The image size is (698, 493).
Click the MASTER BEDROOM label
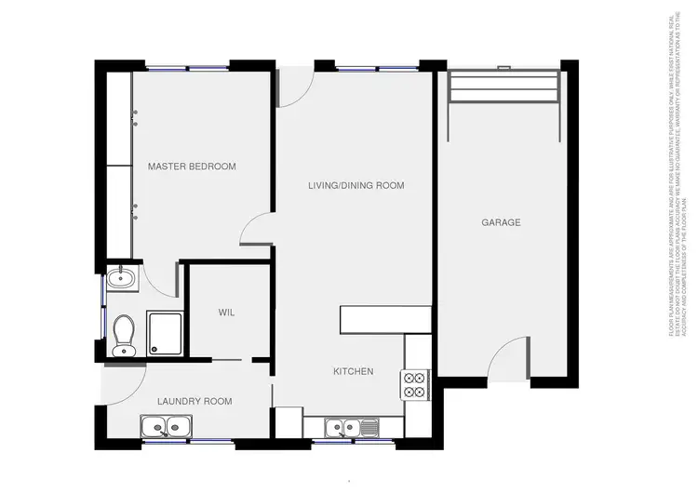point(192,167)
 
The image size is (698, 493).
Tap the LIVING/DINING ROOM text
point(356,185)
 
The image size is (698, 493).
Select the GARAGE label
point(501,222)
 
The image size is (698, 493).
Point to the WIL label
point(226,313)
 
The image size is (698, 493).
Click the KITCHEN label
point(354,371)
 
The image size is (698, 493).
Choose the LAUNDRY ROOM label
point(194,401)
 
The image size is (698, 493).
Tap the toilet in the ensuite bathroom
point(122,336)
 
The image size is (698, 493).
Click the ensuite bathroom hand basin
point(119,277)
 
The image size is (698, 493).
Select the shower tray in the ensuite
point(164,333)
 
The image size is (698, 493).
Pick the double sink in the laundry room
point(166,427)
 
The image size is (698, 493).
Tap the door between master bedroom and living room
point(258,230)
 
